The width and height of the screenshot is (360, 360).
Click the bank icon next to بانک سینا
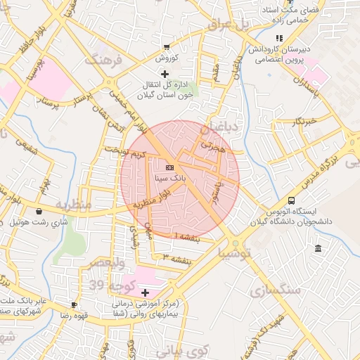pos(169,168)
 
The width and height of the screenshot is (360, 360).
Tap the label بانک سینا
pos(171,179)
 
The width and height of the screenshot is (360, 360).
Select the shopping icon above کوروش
pos(166,46)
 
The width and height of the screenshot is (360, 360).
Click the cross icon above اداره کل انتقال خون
pos(165,74)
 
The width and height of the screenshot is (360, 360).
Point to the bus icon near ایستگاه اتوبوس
pos(291,200)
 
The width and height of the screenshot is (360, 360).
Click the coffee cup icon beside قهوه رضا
pos(75,304)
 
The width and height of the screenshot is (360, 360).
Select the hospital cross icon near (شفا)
pos(146,292)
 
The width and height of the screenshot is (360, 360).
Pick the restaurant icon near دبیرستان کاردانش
pos(279,38)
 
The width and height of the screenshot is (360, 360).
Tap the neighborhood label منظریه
pos(74,205)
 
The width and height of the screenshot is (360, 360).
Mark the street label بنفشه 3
pos(177,259)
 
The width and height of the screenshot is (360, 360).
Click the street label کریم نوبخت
pos(124,151)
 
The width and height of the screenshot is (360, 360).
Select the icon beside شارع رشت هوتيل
pos(38,211)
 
